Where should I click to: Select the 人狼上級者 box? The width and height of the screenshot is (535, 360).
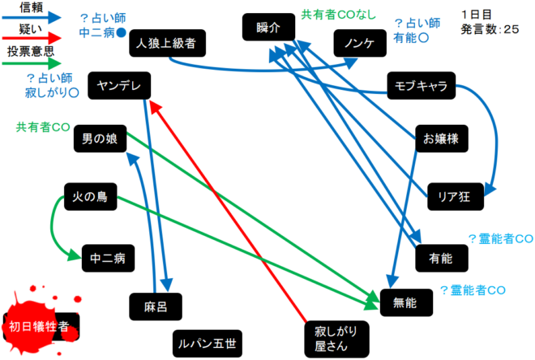(167, 43)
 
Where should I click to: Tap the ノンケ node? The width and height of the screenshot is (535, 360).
(358, 43)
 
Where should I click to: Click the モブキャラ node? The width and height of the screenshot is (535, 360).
(421, 87)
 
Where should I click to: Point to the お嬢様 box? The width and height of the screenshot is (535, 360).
(441, 139)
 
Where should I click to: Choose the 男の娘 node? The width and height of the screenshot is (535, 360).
(100, 139)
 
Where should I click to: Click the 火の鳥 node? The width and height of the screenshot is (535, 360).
(90, 195)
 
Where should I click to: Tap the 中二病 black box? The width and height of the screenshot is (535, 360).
(108, 259)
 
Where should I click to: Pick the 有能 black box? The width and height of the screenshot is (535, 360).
(440, 259)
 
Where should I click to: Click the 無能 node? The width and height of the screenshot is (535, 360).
(404, 303)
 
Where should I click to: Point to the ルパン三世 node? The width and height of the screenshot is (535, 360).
(207, 344)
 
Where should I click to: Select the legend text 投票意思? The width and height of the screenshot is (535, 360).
(32, 51)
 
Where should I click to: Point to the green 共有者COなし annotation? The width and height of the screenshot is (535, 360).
(339, 14)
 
